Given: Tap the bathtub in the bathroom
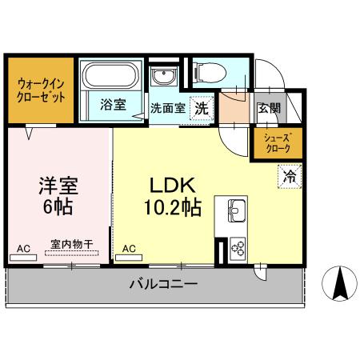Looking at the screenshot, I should [x=113, y=78].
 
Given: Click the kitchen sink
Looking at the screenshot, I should [x=237, y=212].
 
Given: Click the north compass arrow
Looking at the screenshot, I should [x=338, y=284].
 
